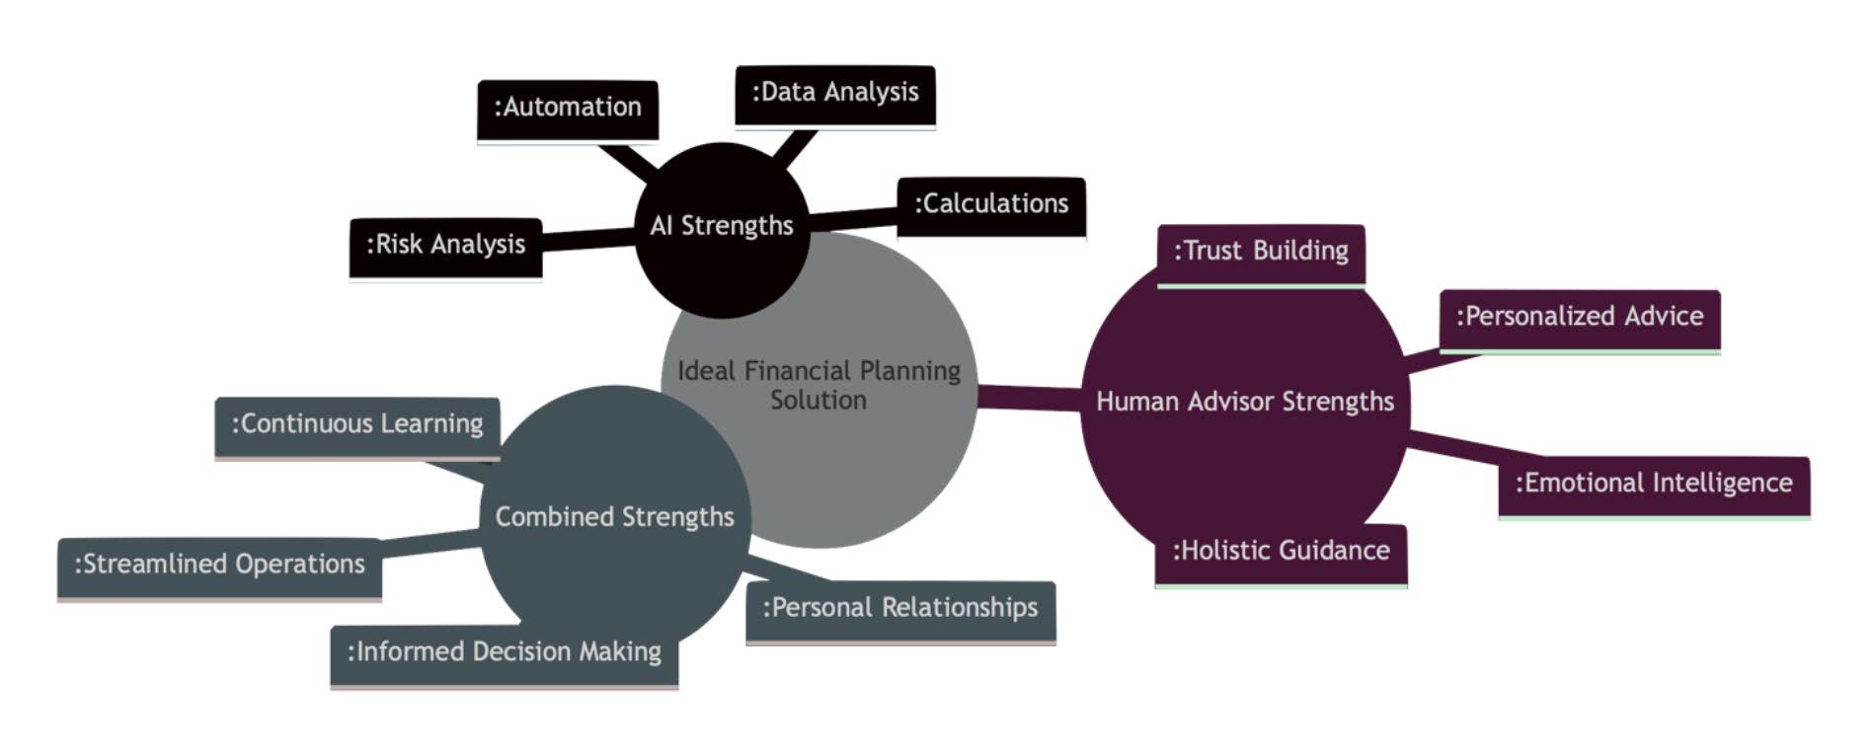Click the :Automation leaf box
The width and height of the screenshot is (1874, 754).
(x=567, y=109)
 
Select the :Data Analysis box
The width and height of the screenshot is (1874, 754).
(x=834, y=94)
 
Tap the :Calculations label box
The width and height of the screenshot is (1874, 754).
(x=990, y=205)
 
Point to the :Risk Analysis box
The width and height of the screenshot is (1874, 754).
(x=445, y=246)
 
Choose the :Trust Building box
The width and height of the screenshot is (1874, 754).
(x=1260, y=253)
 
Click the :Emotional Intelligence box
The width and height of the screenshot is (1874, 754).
(x=1653, y=485)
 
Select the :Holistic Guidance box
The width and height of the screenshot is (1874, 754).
(x=1281, y=553)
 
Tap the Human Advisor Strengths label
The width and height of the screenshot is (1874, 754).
(x=1244, y=403)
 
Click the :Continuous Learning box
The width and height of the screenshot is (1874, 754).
(x=356, y=425)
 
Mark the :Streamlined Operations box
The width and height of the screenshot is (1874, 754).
(x=219, y=565)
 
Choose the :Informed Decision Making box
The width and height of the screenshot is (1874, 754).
(x=504, y=653)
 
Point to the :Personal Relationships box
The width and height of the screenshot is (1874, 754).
(x=899, y=609)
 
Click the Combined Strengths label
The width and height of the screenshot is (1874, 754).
(x=614, y=518)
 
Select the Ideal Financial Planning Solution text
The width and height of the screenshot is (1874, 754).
(x=819, y=386)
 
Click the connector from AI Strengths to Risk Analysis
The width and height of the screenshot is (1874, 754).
(x=588, y=238)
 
